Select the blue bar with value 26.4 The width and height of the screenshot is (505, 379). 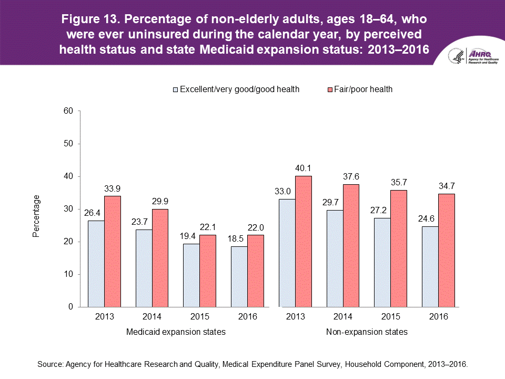click(96, 263)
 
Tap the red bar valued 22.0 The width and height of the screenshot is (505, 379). click(256, 271)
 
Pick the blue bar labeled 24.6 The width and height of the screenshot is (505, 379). click(430, 266)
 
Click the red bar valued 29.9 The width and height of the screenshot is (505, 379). click(160, 258)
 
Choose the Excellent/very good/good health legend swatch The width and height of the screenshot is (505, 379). click(176, 89)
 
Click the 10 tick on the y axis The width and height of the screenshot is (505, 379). click(68, 274)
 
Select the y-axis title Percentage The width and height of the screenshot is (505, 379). click(36, 216)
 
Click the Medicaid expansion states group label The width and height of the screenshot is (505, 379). click(176, 332)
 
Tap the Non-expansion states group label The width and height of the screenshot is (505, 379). click(367, 332)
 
